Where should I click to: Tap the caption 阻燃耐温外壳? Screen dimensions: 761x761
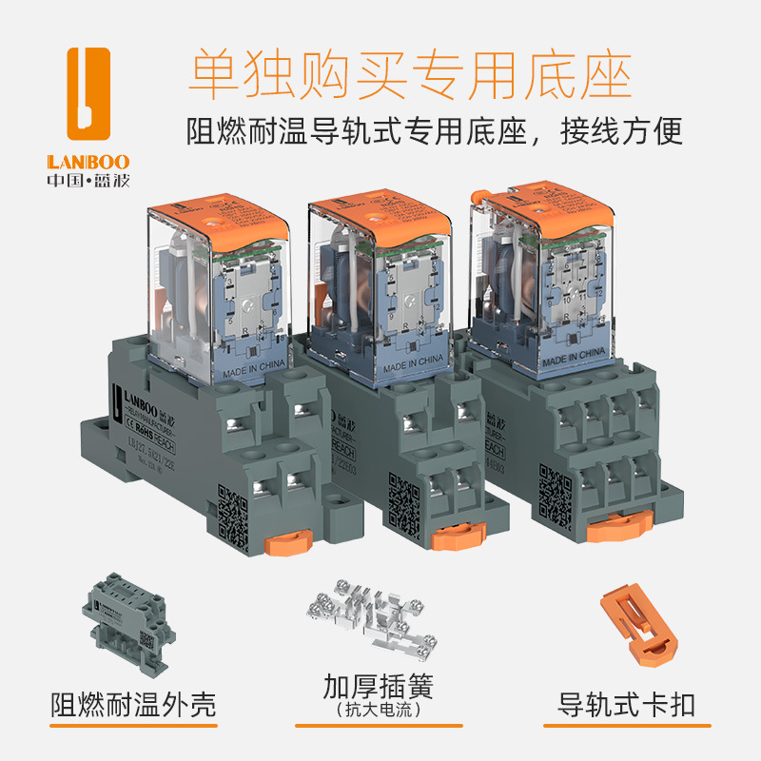(133, 705)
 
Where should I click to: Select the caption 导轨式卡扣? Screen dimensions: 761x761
(627, 706)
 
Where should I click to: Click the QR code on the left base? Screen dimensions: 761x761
(232, 514)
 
